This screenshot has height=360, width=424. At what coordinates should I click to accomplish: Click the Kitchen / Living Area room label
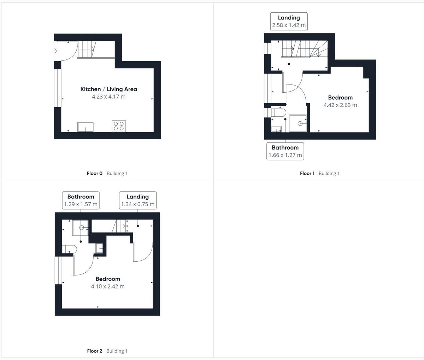click(x=108, y=89)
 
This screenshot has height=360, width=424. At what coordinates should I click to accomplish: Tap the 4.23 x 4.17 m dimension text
click(x=108, y=97)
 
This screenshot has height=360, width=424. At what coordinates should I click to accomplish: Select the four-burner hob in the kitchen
click(x=119, y=126)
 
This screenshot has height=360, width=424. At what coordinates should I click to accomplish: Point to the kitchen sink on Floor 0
click(x=86, y=127)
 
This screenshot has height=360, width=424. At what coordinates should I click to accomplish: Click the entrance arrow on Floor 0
click(x=55, y=51)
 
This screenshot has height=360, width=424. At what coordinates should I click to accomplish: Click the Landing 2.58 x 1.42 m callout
click(x=289, y=22)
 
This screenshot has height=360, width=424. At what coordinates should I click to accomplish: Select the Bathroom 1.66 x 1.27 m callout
click(x=285, y=151)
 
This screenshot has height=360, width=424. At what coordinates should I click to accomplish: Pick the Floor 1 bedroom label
click(x=340, y=98)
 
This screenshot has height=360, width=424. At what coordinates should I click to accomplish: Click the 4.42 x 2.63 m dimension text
click(x=340, y=105)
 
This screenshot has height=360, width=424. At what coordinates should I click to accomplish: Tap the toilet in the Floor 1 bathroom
click(x=279, y=113)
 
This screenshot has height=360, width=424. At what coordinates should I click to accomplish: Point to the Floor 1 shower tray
click(x=298, y=123)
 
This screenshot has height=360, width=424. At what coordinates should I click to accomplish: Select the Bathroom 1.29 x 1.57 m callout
click(x=81, y=200)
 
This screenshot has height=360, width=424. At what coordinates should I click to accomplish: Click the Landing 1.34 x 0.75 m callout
click(x=137, y=200)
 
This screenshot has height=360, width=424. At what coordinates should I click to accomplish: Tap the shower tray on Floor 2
click(x=80, y=227)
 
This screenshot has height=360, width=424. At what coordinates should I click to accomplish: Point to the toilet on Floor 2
click(x=69, y=249)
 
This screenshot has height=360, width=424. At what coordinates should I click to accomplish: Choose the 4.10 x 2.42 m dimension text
click(x=108, y=286)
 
